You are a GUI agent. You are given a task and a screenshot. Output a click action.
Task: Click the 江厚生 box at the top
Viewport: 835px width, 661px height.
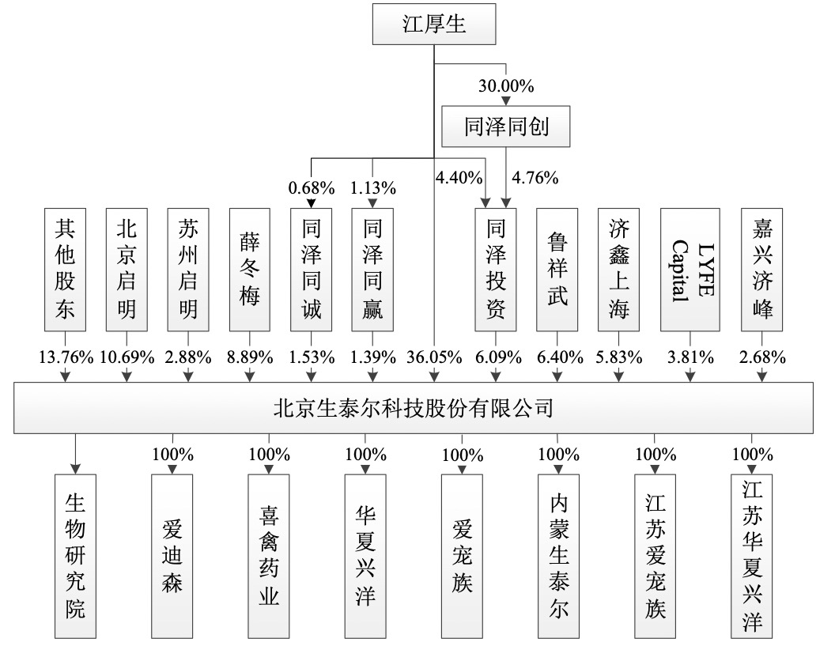(434, 25)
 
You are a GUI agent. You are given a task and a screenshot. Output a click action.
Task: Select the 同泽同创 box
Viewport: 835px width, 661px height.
(505, 127)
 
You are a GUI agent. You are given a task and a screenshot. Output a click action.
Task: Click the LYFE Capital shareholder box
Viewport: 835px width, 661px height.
(690, 269)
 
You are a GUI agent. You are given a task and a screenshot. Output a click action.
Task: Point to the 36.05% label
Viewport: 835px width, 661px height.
(434, 357)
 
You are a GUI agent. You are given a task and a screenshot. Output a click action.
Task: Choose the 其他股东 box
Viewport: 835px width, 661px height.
(65, 269)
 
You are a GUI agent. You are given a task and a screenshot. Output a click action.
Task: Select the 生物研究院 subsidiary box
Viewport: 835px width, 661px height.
(75, 556)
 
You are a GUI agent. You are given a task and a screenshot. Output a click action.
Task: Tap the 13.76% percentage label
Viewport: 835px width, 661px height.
(65, 357)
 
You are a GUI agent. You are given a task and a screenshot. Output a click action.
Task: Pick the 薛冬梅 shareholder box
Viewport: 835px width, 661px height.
(250, 269)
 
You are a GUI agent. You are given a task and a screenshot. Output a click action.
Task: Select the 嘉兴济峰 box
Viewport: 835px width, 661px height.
(763, 269)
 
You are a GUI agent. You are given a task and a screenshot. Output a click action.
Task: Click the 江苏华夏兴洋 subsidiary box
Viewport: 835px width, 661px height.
(754, 556)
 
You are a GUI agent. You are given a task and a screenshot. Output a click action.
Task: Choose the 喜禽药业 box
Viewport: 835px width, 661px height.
(269, 556)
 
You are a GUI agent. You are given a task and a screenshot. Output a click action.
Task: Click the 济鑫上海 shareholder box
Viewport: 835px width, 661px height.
(619, 269)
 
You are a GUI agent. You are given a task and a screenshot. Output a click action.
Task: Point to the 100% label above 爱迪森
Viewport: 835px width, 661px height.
(172, 455)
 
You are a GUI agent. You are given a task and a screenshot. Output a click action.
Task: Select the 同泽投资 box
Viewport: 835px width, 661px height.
(497, 269)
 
